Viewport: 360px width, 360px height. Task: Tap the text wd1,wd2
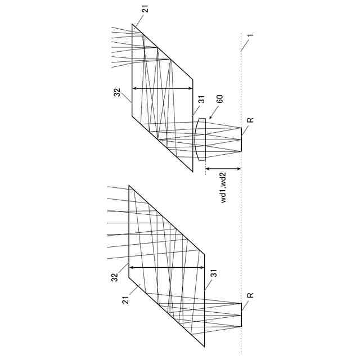223,188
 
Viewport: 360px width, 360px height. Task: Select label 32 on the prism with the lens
118,93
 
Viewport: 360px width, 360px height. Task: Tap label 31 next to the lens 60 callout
201,101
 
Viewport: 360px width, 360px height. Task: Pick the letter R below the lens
250,120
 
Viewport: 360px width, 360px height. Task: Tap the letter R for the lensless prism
250,295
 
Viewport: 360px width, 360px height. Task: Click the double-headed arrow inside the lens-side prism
163,88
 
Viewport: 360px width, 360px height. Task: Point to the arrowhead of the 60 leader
209,118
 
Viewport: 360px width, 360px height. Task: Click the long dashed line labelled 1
241,225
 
